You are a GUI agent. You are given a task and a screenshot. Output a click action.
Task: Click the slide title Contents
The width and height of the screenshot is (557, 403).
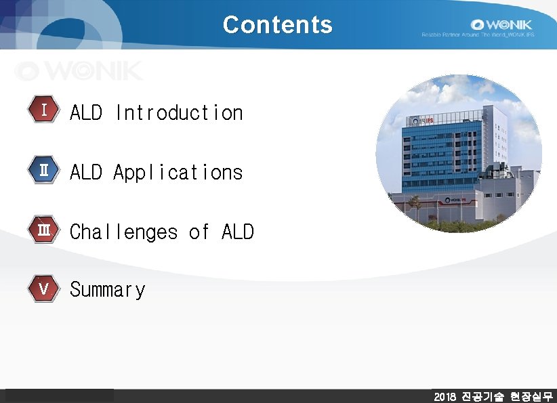point(278,24)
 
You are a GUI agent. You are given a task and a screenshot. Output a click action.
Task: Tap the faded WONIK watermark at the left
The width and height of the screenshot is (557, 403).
point(80,70)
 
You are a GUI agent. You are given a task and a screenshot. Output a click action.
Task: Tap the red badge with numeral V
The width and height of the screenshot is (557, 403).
point(43,289)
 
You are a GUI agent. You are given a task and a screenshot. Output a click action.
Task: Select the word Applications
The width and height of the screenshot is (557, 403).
point(178,172)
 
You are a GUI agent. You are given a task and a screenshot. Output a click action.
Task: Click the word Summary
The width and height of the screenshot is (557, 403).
point(108,290)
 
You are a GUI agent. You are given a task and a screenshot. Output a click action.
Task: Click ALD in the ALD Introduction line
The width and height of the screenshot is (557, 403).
point(86,112)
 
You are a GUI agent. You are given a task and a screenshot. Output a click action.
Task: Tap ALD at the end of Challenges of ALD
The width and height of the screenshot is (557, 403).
point(237,232)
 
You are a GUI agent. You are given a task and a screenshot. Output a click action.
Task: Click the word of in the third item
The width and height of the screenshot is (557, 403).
point(199,232)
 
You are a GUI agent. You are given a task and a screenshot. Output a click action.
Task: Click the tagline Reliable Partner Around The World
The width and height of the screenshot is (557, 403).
point(478,35)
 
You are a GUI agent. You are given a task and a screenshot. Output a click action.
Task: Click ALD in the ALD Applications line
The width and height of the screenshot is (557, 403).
point(86,172)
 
